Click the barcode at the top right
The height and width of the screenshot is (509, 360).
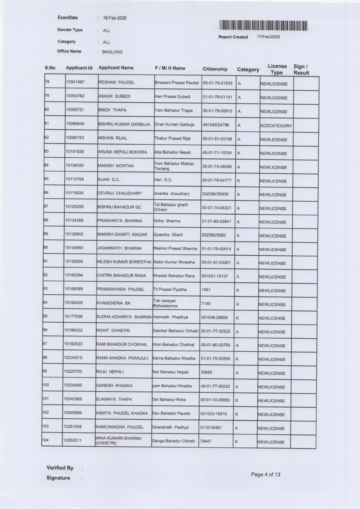(263, 26)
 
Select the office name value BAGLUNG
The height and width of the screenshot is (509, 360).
(112, 52)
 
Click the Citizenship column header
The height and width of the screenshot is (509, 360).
(215, 69)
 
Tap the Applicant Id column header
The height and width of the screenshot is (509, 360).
(79, 68)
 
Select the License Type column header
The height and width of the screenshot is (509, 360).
(277, 69)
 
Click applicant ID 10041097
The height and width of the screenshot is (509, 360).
(75, 82)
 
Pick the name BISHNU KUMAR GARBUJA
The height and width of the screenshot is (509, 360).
(124, 124)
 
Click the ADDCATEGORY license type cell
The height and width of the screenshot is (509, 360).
(276, 126)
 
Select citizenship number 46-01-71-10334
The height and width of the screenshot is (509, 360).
(217, 153)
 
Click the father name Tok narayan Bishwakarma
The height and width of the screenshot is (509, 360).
(165, 303)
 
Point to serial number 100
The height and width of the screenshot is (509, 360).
(46, 385)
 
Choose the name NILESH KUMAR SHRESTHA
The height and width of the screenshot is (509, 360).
(124, 262)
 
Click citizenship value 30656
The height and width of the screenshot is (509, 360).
(206, 372)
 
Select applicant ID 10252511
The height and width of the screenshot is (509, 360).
(72, 440)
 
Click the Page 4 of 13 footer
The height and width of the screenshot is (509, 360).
(265, 475)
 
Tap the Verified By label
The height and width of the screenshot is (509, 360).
(60, 468)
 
